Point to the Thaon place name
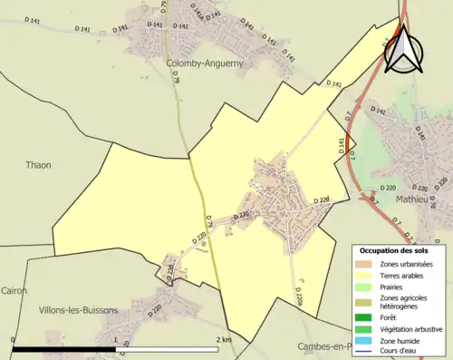click(38, 165)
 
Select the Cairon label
click(14, 291)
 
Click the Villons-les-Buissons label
click(78, 310)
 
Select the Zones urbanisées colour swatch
click(370, 263)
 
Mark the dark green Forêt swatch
click(370, 318)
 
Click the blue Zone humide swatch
click(370, 341)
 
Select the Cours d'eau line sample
click(370, 352)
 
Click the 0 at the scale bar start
click(14, 339)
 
